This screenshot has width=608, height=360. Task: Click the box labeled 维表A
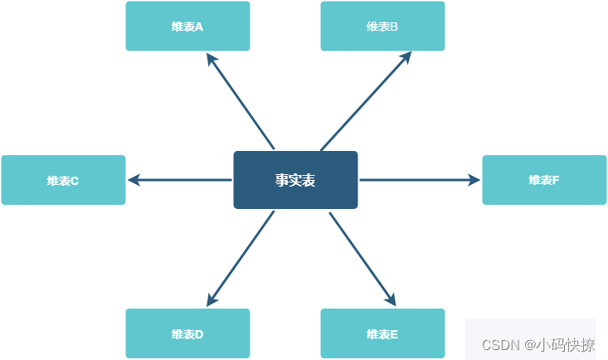187,27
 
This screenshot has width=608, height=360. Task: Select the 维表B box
382,27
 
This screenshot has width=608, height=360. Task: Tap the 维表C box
63,180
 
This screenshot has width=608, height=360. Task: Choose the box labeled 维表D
187,334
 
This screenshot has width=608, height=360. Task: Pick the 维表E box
382,334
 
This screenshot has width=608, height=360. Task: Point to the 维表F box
544,180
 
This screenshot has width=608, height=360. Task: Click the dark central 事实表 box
295,180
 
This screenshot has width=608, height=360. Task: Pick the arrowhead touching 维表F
474,180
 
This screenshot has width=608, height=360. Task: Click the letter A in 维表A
199,27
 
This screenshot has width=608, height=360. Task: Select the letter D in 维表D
199,334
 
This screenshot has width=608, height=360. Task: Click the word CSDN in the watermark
500,344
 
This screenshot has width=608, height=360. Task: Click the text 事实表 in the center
295,180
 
